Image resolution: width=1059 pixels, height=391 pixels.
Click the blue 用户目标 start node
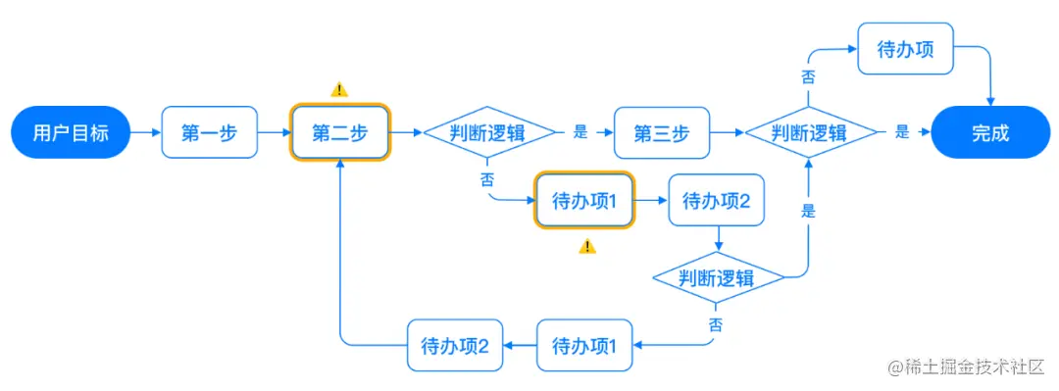71,132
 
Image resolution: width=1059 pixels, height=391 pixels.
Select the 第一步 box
209,132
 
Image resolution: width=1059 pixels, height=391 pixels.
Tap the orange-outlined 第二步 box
339,132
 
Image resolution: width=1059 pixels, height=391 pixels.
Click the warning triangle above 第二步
339,89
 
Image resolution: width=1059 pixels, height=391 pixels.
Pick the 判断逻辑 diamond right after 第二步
488,132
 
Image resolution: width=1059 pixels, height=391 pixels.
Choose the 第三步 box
661,132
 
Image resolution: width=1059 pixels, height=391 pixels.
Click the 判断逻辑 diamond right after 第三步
809,132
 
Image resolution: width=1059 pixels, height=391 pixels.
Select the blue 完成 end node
990,132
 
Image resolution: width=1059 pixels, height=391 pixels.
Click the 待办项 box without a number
905,48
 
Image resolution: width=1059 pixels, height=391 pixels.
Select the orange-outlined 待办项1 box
584,202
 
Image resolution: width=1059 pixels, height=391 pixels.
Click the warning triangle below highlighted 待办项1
586,246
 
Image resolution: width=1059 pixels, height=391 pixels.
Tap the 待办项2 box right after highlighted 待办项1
716,202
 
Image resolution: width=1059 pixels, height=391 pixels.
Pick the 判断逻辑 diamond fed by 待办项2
719,278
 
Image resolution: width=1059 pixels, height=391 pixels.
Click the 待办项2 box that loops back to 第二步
455,345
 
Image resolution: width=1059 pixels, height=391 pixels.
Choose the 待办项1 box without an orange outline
585,345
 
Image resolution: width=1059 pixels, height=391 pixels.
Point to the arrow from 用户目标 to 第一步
144,132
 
